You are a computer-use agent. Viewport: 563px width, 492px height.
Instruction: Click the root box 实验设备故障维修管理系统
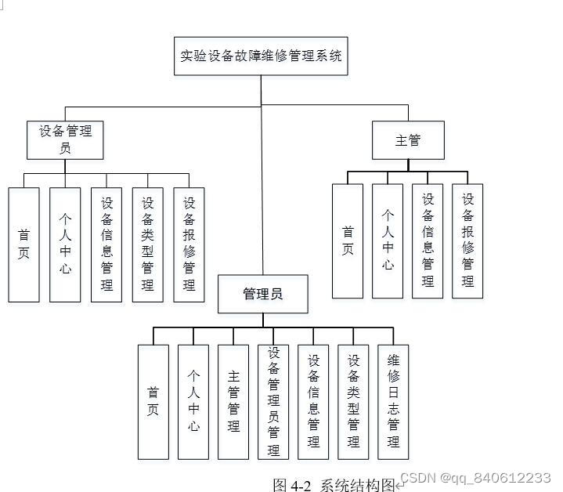pos(261,56)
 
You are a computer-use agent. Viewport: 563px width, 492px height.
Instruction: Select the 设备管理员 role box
pos(66,139)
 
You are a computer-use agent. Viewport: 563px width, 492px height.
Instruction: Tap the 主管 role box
pos(408,141)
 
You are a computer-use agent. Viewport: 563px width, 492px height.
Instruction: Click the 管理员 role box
pos(262,295)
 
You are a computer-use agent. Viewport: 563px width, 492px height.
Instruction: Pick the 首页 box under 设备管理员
pos(24,244)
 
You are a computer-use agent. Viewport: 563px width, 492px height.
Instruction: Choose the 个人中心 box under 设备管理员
pos(65,244)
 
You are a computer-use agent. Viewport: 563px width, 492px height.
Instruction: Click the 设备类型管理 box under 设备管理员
pos(147,244)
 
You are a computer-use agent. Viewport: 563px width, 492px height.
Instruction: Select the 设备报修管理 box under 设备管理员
pos(189,244)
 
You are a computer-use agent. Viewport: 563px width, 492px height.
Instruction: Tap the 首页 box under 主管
pos(348,241)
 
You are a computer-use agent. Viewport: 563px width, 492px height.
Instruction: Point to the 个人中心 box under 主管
pos(388,241)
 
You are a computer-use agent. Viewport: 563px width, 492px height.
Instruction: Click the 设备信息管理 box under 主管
pos(428,241)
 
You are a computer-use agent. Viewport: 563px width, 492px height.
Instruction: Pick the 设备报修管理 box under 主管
pos(467,241)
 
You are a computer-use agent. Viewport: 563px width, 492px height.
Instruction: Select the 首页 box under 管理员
pos(153,401)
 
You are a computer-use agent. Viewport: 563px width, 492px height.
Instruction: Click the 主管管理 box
pos(233,401)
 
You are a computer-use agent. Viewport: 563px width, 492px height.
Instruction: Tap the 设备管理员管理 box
pos(273,401)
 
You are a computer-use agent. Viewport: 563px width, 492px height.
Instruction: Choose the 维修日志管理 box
pos(393,401)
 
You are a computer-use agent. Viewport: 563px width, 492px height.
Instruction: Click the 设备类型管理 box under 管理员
pos(353,401)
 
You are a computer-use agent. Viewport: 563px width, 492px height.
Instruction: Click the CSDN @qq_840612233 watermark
pos(475,477)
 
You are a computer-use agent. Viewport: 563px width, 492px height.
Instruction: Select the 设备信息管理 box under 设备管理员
pos(106,244)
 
